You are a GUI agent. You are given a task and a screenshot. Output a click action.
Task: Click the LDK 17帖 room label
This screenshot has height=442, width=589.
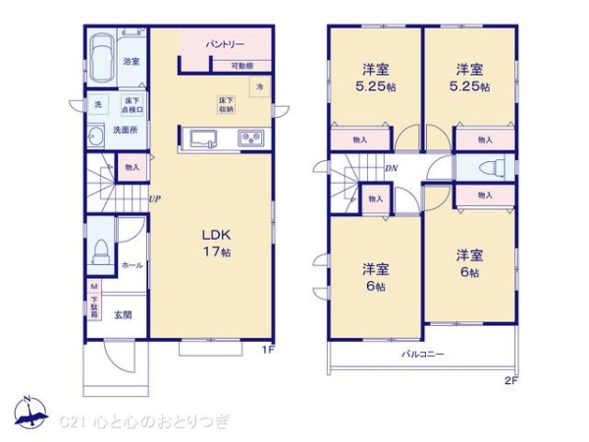pyautogui.click(x=216, y=244)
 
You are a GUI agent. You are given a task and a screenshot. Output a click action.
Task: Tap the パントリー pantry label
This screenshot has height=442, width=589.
pyautogui.click(x=225, y=45)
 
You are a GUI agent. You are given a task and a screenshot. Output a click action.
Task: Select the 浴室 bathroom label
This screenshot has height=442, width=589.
pyautogui.click(x=131, y=62)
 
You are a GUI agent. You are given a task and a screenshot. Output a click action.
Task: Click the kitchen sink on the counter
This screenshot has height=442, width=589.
pyautogui.click(x=204, y=138)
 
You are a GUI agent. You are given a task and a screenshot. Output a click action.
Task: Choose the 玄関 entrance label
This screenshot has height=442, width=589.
pyautogui.click(x=122, y=314)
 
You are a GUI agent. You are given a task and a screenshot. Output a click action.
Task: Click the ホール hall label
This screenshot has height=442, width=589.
pyautogui.click(x=131, y=265)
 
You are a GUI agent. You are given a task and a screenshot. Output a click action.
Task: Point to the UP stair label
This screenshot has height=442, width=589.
pyautogui.click(x=154, y=199)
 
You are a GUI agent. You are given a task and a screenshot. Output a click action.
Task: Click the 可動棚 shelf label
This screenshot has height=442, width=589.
pyautogui.click(x=242, y=66)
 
